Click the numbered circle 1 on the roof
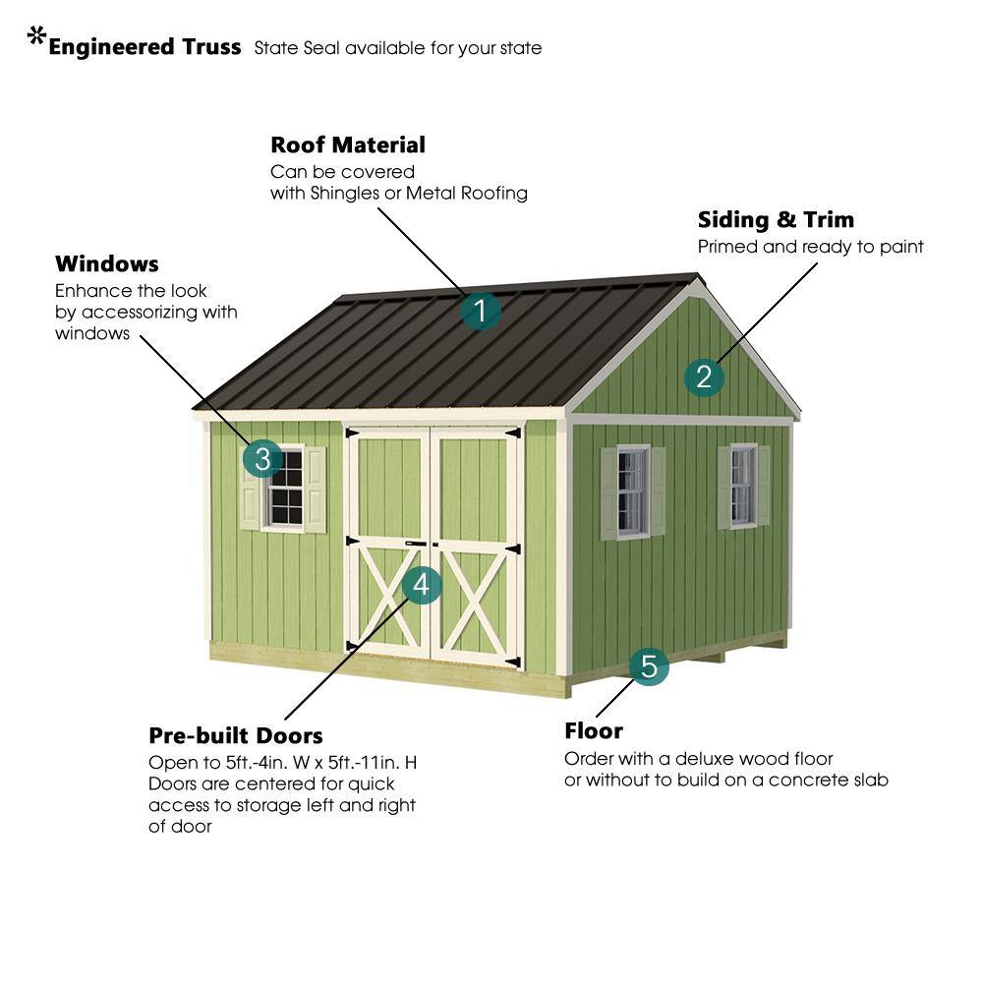tap(481, 311)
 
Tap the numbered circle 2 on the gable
tap(704, 376)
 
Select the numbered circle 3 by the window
tap(262, 458)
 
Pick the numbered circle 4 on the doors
tap(422, 585)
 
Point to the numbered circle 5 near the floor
tap(649, 665)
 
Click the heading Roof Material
tap(348, 145)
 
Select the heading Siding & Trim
tap(776, 219)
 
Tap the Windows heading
tap(106, 263)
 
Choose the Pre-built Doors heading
tap(236, 735)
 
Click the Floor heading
tap(594, 731)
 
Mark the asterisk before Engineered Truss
tap(37, 35)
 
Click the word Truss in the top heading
tap(211, 47)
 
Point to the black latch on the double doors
tap(416, 544)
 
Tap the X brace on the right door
tap(475, 601)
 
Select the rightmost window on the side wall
tap(743, 486)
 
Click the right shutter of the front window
tap(316, 490)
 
